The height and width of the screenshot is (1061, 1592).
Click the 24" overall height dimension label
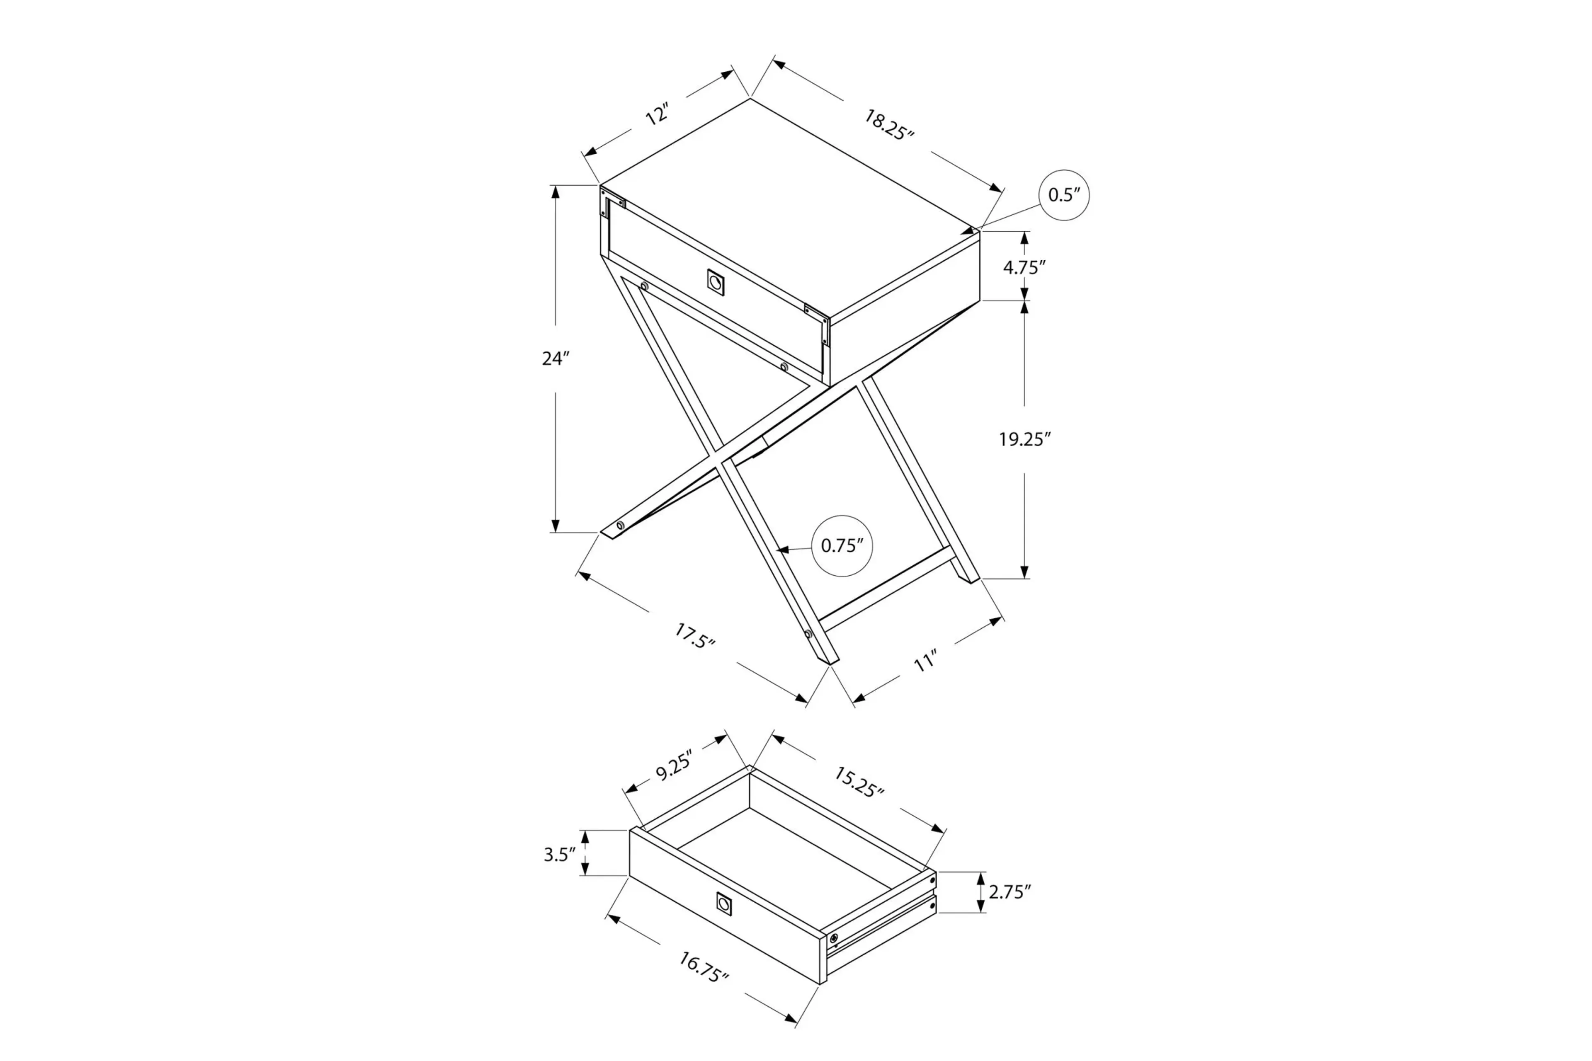[x=555, y=359]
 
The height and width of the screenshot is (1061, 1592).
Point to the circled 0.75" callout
[x=842, y=545]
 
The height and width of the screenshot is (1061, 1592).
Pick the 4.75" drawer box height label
[x=1024, y=267]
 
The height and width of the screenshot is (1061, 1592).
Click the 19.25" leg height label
[x=1024, y=440]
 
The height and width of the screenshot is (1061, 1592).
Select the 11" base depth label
[x=925, y=661]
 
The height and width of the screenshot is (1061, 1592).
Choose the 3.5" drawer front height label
[x=560, y=855]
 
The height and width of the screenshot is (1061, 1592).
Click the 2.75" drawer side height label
[x=1009, y=892]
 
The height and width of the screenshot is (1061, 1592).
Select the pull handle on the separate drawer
[x=723, y=904]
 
